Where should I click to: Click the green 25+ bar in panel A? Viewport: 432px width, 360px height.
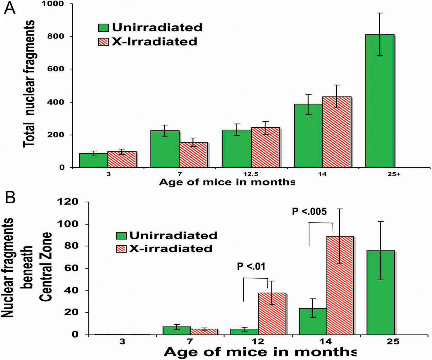(380, 101)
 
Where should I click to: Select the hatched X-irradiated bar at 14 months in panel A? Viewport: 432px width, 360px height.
(337, 132)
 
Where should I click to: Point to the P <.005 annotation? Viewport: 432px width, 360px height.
(309, 212)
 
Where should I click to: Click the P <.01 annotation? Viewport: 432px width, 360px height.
(251, 267)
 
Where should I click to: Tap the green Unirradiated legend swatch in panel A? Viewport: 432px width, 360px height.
(103, 28)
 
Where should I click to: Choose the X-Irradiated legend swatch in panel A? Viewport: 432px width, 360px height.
(103, 42)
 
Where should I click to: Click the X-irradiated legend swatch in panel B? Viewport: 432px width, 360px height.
(121, 249)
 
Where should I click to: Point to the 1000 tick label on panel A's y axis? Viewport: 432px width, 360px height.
(56, 4)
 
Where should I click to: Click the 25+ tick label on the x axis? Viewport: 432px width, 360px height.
(394, 174)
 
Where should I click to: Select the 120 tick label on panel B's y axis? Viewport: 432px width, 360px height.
(68, 202)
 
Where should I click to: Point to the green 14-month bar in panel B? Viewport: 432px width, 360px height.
(313, 321)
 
